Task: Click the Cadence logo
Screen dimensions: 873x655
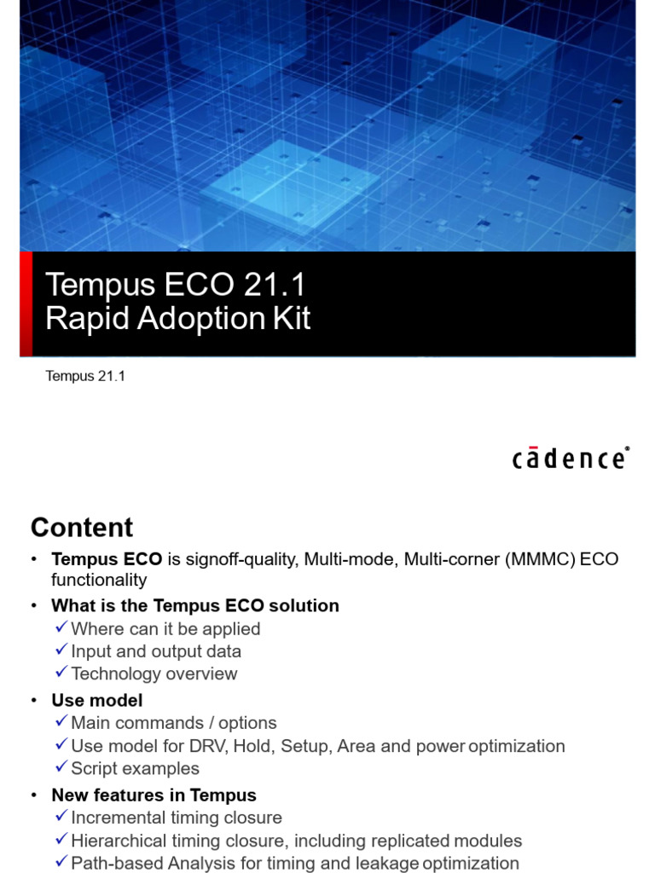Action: tap(571, 458)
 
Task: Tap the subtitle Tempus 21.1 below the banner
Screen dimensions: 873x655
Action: tap(85, 376)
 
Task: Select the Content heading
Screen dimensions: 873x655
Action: tap(82, 527)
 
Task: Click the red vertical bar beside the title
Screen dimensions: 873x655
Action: tap(26, 304)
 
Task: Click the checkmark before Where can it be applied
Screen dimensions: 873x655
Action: tap(61, 628)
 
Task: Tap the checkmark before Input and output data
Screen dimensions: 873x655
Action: tap(61, 651)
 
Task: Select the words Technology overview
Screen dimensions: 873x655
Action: tap(154, 674)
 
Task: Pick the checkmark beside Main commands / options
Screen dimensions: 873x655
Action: tap(61, 723)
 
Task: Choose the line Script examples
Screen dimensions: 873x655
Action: tap(135, 768)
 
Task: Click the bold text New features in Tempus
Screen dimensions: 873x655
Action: tap(154, 795)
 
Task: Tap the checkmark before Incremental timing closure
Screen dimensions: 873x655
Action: tap(61, 818)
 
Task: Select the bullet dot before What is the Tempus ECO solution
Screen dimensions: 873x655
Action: tap(33, 606)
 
